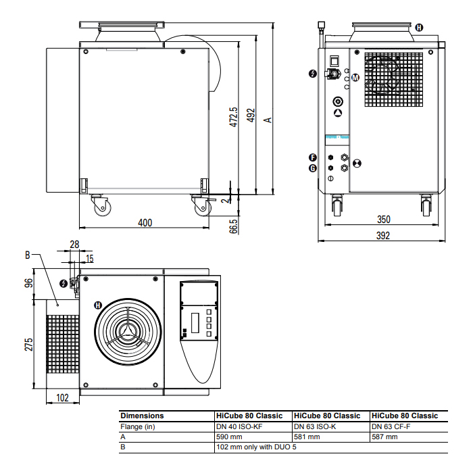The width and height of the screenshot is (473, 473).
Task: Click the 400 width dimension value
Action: point(145,222)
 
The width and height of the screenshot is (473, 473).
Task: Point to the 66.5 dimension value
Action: point(234,226)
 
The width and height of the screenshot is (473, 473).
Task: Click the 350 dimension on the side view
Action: point(383,220)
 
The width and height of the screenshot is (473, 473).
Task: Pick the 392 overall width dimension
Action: point(383,235)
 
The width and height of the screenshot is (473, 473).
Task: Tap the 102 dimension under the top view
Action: point(62,398)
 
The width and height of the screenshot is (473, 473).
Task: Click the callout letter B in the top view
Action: point(28,255)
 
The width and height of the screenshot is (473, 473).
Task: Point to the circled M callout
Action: point(355,78)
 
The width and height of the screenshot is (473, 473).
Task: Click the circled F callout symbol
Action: point(312,157)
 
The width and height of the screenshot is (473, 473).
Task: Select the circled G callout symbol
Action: point(312,168)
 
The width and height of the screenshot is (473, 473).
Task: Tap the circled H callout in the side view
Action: point(420,28)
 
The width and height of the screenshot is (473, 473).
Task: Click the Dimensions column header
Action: point(142,416)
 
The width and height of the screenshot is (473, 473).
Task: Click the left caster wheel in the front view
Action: point(100,205)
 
